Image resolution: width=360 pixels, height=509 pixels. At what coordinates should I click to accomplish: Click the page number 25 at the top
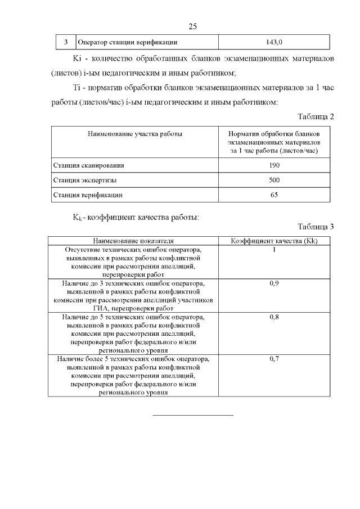coord(192,26)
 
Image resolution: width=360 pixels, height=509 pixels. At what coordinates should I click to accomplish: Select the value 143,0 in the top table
coord(274,42)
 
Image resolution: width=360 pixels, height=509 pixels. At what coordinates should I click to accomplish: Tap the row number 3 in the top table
coord(66,42)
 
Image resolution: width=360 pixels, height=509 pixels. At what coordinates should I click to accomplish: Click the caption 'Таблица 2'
coord(315,116)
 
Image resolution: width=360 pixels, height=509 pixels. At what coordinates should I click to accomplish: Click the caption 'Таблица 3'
coord(315,227)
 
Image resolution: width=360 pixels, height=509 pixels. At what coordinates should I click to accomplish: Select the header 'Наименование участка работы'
coord(134,134)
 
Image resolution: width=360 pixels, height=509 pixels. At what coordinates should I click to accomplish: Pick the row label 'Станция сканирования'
coord(88,165)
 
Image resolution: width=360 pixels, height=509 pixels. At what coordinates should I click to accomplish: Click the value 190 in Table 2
coord(274,165)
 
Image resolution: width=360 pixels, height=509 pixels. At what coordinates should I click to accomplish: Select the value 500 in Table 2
coord(274,180)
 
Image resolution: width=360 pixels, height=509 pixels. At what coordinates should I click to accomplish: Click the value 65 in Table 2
coord(274,195)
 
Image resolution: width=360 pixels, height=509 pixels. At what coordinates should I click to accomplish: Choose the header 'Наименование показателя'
coord(133,241)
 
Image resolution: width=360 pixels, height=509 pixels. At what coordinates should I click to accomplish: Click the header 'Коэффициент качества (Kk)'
coord(275,241)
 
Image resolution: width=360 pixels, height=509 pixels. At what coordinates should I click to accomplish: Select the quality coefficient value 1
coord(274,249)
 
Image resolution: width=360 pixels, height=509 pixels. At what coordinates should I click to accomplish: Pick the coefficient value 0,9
coord(274,283)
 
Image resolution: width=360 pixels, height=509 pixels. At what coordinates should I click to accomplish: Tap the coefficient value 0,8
coord(274,318)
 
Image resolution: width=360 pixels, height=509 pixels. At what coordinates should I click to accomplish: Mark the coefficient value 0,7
coord(274,359)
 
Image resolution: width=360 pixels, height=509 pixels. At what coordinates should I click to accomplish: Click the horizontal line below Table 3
coord(193,415)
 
